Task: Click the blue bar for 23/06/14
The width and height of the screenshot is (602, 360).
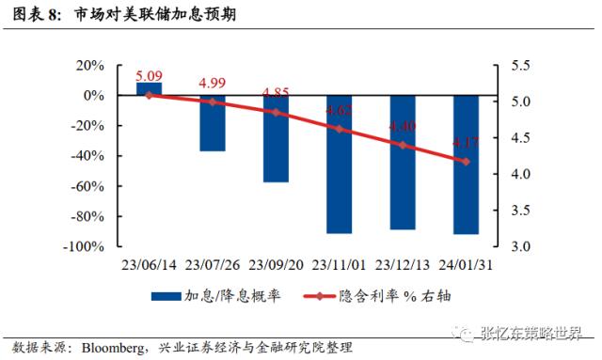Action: point(149,88)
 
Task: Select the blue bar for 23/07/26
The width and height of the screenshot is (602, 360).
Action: point(213,123)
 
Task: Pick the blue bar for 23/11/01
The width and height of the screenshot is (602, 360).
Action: point(339,164)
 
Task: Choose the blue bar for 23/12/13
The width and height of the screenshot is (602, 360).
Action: point(403,163)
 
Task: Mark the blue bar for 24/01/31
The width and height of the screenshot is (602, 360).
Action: point(466,164)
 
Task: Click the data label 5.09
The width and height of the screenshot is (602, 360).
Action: point(150,75)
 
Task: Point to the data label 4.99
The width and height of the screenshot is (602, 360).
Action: point(213,84)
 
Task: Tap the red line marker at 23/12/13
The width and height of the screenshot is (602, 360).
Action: point(403,145)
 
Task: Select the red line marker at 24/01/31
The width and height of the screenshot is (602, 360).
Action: point(466,162)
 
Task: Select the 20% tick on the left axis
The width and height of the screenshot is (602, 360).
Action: point(88,66)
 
